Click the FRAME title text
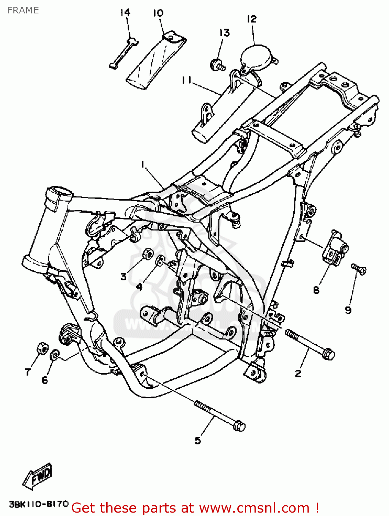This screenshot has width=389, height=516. click(23, 10)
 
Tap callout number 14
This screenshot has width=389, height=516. click(125, 13)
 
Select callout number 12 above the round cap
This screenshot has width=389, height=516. click(252, 19)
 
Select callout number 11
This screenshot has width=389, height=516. click(186, 80)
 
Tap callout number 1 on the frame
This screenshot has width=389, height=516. click(142, 165)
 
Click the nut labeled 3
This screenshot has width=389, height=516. click(148, 254)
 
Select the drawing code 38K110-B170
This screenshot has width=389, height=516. click(39, 505)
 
